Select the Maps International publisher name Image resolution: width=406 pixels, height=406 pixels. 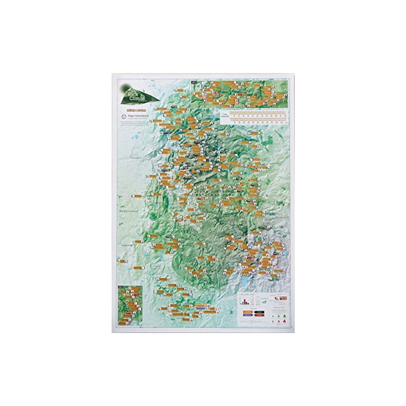(138, 115)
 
